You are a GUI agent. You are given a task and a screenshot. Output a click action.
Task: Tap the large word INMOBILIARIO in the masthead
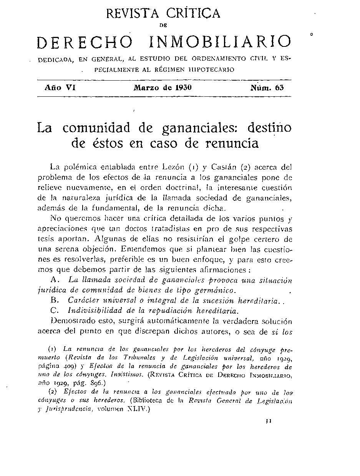click(x=220, y=43)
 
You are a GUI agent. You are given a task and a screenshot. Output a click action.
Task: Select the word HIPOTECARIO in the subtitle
click(x=211, y=69)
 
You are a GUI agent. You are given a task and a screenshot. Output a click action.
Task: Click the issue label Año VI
click(x=60, y=88)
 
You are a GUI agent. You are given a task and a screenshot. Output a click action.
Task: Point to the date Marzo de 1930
click(x=163, y=88)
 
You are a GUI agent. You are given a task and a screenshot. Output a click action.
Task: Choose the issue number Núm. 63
click(x=267, y=88)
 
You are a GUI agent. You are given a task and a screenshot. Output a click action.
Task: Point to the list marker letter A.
click(x=54, y=279)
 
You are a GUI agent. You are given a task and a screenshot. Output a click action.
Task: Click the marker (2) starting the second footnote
click(x=53, y=392)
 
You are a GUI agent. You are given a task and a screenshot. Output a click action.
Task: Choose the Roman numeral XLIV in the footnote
click(x=136, y=409)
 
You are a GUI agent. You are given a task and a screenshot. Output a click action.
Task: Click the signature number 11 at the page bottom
click(x=269, y=421)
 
